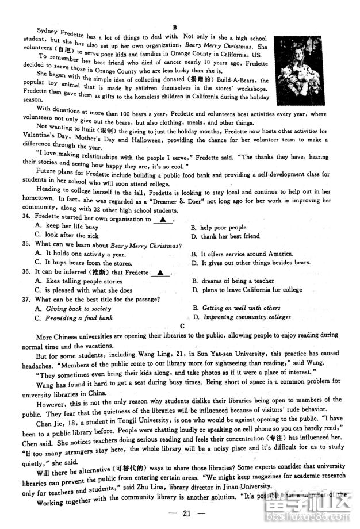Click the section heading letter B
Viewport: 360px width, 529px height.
click(174, 27)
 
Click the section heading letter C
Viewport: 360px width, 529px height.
click(182, 326)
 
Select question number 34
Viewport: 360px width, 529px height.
click(26, 218)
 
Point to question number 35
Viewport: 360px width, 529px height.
click(26, 246)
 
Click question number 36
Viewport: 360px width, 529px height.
click(26, 272)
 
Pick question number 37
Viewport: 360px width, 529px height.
click(26, 299)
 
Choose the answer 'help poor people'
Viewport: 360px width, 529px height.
click(223, 228)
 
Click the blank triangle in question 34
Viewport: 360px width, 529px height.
click(163, 219)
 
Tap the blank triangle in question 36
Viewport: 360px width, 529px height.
click(160, 273)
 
